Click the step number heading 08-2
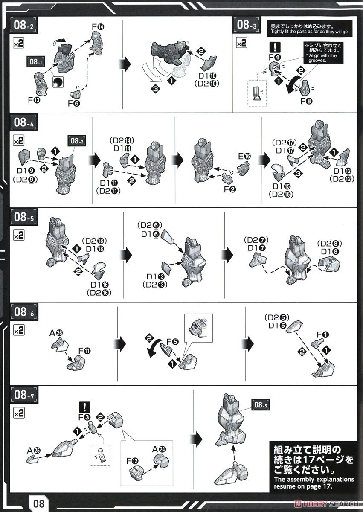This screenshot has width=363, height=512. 23,25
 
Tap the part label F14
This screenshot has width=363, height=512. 98,27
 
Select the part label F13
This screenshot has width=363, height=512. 34,100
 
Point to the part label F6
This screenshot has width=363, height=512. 74,104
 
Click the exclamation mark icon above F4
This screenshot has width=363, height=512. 275,47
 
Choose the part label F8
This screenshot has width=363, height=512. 306,101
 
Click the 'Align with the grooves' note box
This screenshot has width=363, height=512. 323,53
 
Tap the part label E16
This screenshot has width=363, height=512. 244,156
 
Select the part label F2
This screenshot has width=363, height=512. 230,189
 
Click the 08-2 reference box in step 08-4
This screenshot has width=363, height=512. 77,141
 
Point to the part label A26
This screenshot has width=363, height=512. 56,333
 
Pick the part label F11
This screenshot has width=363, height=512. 84,351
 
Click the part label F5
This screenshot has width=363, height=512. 173,342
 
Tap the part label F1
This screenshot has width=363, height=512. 323,335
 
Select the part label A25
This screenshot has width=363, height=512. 34,451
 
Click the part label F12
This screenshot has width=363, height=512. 133,461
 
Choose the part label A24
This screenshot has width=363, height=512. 159,450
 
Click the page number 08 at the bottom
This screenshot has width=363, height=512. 39,503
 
